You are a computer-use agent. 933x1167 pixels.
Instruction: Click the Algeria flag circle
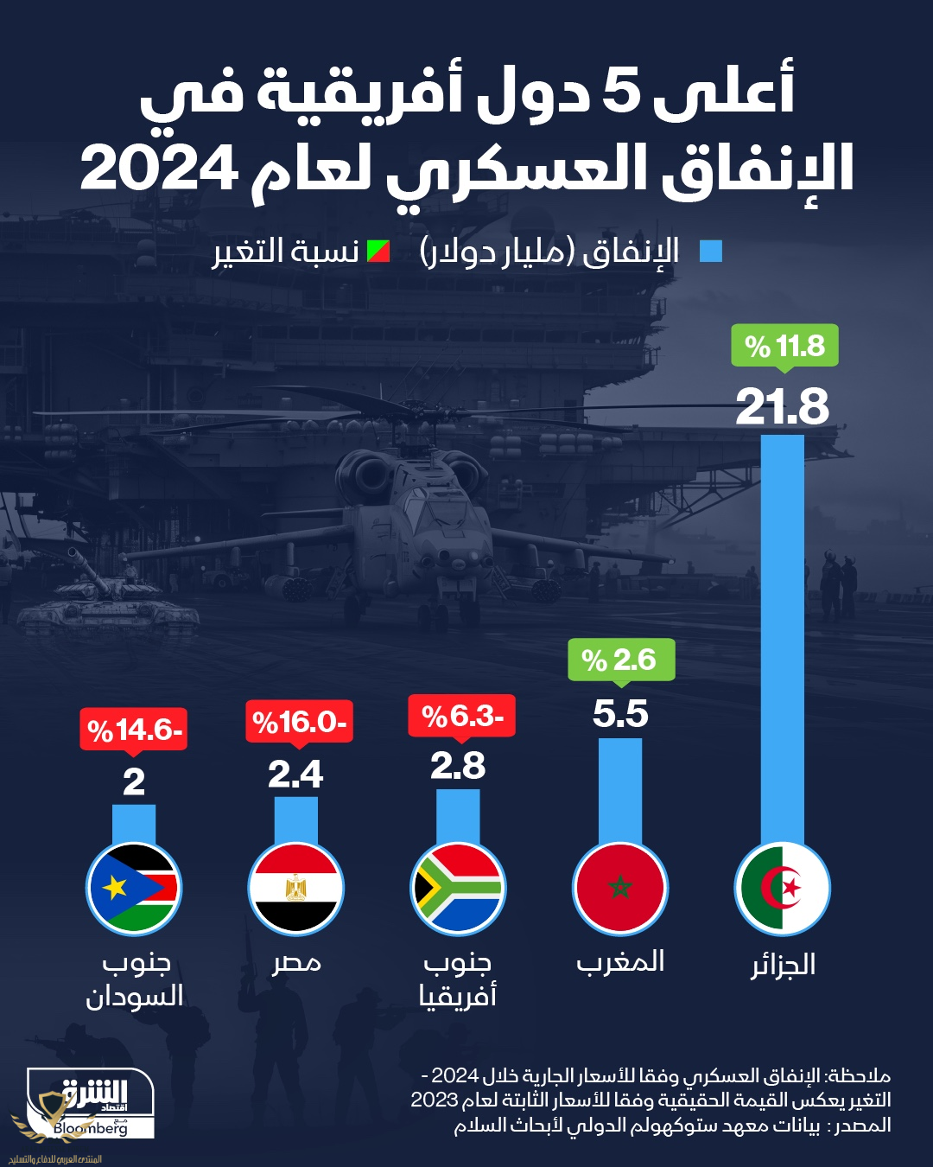coord(783,888)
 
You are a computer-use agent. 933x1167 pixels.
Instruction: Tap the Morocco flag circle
coord(620,888)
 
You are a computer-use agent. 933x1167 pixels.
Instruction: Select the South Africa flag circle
coord(458,888)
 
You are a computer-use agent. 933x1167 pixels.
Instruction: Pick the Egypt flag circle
coord(295,888)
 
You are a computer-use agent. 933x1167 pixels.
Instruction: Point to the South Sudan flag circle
coord(134,888)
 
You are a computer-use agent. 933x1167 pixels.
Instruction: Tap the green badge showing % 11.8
coord(784,346)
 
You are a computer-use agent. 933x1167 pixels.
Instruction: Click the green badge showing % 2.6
coord(620,660)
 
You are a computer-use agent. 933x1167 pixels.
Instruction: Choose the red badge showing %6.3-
coord(461,716)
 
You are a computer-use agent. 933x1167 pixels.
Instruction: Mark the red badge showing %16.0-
coord(299,722)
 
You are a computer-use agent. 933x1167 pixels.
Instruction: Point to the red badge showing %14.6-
coord(134,730)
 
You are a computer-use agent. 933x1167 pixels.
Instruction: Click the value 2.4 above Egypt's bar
coord(295,774)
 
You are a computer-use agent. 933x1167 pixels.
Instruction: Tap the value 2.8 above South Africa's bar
coord(458,766)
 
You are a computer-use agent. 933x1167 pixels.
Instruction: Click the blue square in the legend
coord(710,252)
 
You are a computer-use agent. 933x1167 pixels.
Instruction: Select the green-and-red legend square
coord(378,252)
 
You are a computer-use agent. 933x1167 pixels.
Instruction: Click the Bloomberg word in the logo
coord(90,1128)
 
